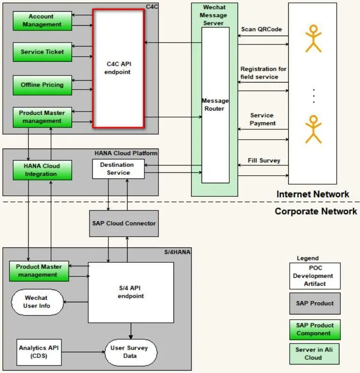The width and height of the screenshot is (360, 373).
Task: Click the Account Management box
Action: pyautogui.click(x=42, y=21)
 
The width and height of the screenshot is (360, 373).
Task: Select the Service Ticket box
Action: pyautogui.click(x=42, y=52)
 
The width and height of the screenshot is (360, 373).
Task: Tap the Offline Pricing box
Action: pyautogui.click(x=42, y=85)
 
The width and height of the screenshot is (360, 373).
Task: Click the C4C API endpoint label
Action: pyautogui.click(x=118, y=68)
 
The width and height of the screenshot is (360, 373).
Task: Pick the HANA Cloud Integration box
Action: pyautogui.click(x=42, y=170)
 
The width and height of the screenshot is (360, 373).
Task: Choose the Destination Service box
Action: pyautogui.click(x=118, y=169)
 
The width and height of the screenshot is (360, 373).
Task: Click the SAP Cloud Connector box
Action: pyautogui.click(x=124, y=224)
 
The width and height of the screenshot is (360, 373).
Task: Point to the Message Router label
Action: pyautogui.click(x=215, y=104)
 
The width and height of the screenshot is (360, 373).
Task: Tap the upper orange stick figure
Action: pyautogui.click(x=314, y=38)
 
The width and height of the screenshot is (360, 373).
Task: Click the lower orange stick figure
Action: pyautogui.click(x=314, y=129)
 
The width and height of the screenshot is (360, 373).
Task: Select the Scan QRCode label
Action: pyautogui.click(x=262, y=29)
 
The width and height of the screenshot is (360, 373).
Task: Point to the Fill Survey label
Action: pyautogui.click(x=264, y=161)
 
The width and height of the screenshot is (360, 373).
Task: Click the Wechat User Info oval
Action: pyautogui.click(x=37, y=302)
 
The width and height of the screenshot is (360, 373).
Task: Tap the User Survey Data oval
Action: pyautogui.click(x=131, y=352)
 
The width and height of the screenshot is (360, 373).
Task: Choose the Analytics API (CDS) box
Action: pyautogui.click(x=39, y=352)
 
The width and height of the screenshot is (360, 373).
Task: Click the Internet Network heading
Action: pyautogui.click(x=313, y=194)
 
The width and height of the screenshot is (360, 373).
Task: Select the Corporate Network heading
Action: pyautogui.click(x=316, y=211)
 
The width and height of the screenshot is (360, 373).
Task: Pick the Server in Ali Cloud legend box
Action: pyautogui.click(x=315, y=354)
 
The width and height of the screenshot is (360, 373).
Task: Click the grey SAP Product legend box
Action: pyautogui.click(x=315, y=304)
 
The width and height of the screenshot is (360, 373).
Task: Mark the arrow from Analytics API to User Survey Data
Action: pyautogui.click(x=83, y=352)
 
